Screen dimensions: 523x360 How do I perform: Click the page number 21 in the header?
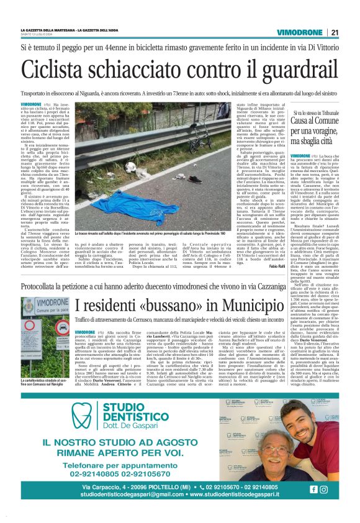click(x=335, y=33)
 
